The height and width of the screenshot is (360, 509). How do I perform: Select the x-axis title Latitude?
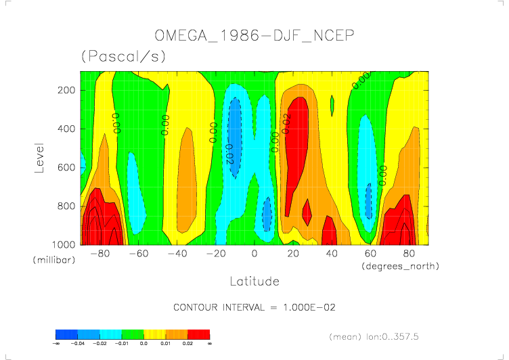[254, 280]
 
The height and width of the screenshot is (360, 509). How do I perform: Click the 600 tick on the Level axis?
[66, 167]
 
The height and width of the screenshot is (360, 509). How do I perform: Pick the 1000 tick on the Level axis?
[64, 244]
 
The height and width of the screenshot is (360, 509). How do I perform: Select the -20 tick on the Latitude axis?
[216, 254]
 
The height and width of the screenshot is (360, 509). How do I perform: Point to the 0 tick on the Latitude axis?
[255, 254]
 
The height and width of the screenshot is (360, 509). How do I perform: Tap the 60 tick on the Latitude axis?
[370, 254]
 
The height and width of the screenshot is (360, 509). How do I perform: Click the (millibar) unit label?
[54, 261]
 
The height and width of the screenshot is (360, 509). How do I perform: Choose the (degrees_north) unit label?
[399, 266]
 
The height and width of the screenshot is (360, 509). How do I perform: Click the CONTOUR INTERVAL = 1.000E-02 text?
[255, 307]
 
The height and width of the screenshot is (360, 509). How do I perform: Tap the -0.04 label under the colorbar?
[78, 344]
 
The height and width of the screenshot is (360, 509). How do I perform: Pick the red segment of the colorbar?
[199, 334]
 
